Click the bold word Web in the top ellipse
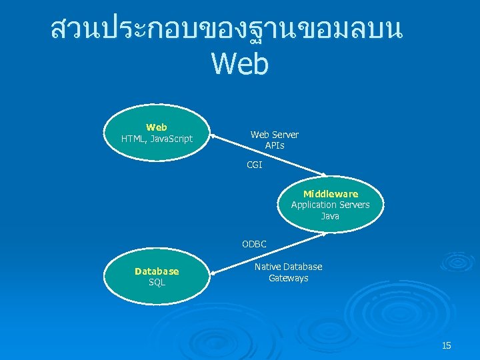pyautogui.click(x=157, y=127)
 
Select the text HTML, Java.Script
pyautogui.click(x=157, y=139)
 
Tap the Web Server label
pyautogui.click(x=274, y=135)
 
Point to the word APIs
pyautogui.click(x=274, y=145)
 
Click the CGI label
pyautogui.click(x=254, y=165)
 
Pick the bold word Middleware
pyautogui.click(x=330, y=194)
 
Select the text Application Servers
pyautogui.click(x=330, y=205)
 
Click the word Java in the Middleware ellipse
pyautogui.click(x=330, y=216)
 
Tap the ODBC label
pyautogui.click(x=254, y=245)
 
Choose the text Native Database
pyautogui.click(x=288, y=267)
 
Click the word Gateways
pyautogui.click(x=288, y=278)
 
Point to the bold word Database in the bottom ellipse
pyautogui.click(x=157, y=271)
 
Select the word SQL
pyautogui.click(x=157, y=283)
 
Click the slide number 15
pyautogui.click(x=446, y=345)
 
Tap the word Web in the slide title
pyautogui.click(x=239, y=64)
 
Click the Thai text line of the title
pyautogui.click(x=226, y=29)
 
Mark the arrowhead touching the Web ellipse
pyautogui.click(x=214, y=139)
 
